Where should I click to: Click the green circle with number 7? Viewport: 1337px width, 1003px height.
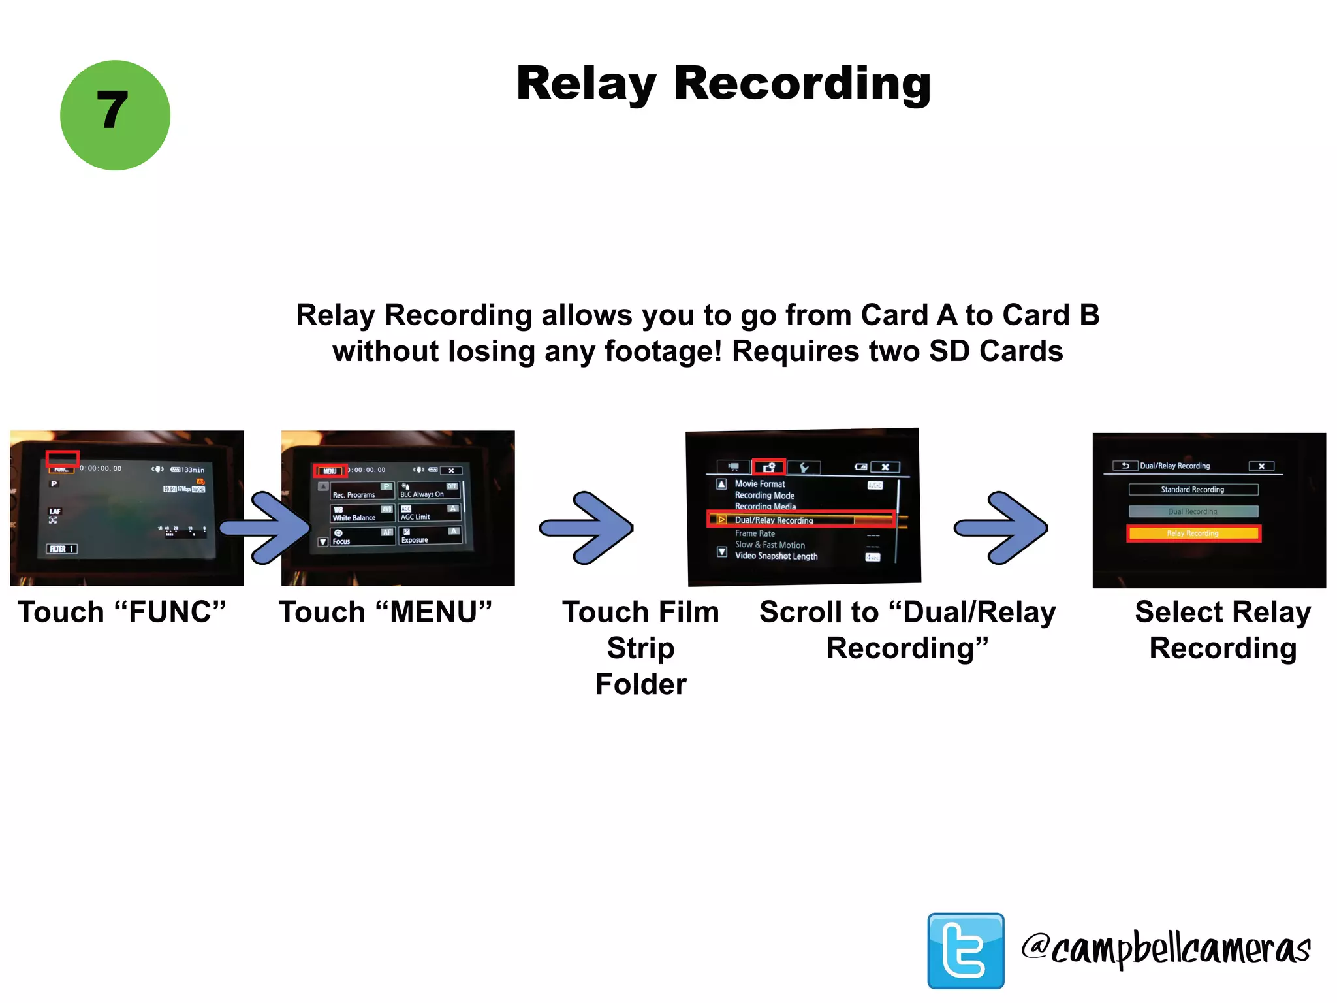(x=115, y=116)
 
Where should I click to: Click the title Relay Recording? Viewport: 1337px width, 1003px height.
(x=723, y=84)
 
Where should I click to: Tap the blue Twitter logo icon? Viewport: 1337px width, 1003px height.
(x=966, y=950)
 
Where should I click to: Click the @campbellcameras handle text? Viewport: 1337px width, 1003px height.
(x=1166, y=949)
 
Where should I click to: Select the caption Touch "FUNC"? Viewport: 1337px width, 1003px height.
(x=122, y=613)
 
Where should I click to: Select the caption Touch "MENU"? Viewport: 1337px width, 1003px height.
(x=385, y=613)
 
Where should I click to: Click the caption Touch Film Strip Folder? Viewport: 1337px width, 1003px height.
(x=640, y=648)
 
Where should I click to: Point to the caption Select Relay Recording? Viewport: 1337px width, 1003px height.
(x=1223, y=630)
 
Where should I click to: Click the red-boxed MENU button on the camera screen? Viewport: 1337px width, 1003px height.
(x=330, y=471)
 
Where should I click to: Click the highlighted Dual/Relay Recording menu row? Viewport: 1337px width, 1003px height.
(x=800, y=520)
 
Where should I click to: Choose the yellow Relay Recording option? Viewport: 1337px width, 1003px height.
(x=1193, y=533)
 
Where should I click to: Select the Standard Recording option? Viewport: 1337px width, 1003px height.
(x=1193, y=490)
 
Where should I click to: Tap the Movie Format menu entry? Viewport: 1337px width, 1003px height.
(x=760, y=484)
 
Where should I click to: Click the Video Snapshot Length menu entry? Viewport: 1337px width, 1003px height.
(x=776, y=556)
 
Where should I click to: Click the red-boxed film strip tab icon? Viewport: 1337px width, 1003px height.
(x=769, y=467)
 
